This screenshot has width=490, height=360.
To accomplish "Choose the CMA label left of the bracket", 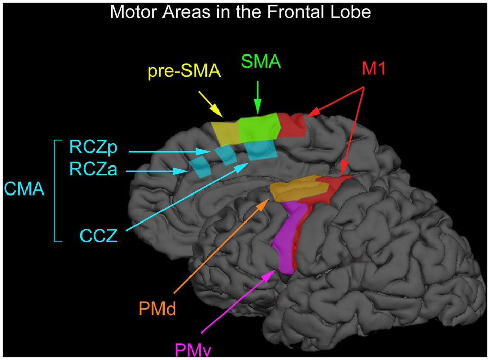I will [23, 190].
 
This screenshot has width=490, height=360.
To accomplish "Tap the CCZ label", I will [99, 236].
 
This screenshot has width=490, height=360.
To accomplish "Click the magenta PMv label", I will [194, 350].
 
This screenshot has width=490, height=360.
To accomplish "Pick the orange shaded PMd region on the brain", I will [298, 190].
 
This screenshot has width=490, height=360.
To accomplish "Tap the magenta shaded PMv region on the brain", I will [286, 239].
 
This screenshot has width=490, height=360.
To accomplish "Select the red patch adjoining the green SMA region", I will [291, 125].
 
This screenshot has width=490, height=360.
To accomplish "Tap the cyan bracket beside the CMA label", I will [55, 190].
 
